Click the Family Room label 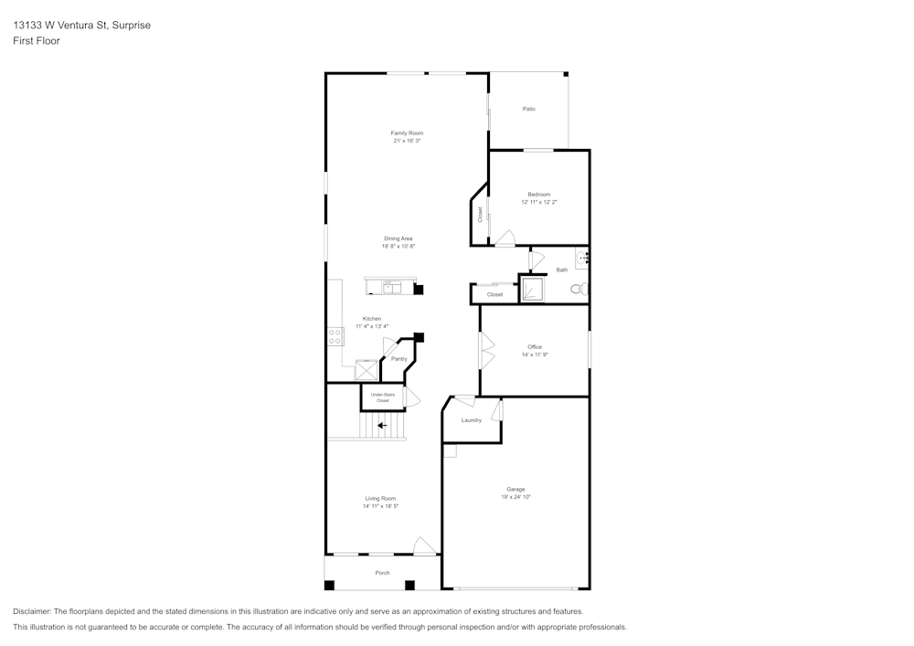pos(407,133)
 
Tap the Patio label pos(528,109)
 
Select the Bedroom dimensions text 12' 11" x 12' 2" pos(538,202)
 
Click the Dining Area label pos(398,238)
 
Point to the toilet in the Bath pos(577,289)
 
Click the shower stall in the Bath pos(532,290)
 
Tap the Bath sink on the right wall pos(581,259)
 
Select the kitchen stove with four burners pos(335,336)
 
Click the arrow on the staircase pos(382,425)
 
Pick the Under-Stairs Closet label pos(382,397)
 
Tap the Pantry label pos(399,359)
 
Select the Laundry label pos(471,420)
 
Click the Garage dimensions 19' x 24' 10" pos(515,497)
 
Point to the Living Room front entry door pos(424,546)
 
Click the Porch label pos(382,573)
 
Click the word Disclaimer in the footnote pos(33,611)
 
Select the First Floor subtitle pos(37,41)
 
